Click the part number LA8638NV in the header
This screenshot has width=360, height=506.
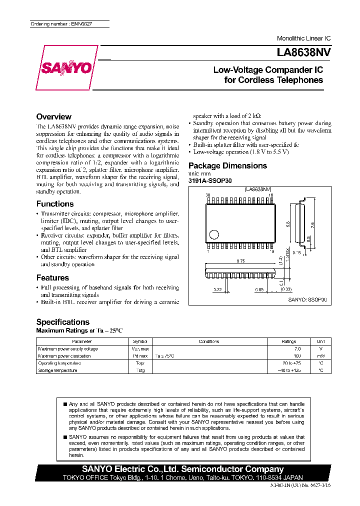pos(303,51)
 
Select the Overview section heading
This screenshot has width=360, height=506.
pos(54,116)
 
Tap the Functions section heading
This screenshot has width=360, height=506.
pos(55,203)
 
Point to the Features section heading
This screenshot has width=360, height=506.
pos(52,277)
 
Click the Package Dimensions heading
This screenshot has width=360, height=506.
pos(227,165)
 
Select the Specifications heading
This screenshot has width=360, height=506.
pos(63,322)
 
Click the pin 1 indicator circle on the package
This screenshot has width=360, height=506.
pos(214,233)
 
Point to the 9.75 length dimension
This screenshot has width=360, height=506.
pos(240,261)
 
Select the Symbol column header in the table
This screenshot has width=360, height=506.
pos(140,341)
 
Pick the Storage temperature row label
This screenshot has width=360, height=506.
pos(58,370)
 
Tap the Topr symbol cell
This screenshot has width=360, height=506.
pos(140,363)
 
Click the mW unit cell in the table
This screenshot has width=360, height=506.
pos(321,356)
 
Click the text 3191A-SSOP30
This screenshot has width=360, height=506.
pos(210,180)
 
